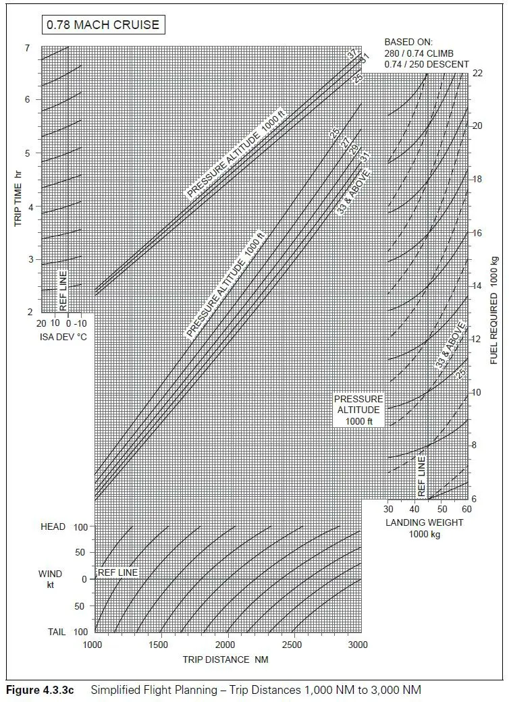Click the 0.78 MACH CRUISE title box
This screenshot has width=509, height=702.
pyautogui.click(x=103, y=26)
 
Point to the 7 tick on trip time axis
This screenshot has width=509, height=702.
pyautogui.click(x=27, y=48)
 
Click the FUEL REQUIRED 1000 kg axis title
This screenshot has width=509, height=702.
pyautogui.click(x=494, y=310)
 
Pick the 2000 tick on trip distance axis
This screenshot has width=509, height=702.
pyautogui.click(x=226, y=645)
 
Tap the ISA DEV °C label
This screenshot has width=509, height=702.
pyautogui.click(x=62, y=336)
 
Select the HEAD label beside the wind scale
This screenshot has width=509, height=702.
pyautogui.click(x=53, y=526)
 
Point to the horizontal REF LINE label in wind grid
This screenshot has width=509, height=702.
pyautogui.click(x=117, y=573)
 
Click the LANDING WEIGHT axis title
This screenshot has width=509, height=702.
pyautogui.click(x=425, y=522)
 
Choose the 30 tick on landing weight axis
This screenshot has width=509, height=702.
pyautogui.click(x=389, y=509)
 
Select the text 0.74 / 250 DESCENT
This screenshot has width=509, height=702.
pyautogui.click(x=426, y=64)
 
